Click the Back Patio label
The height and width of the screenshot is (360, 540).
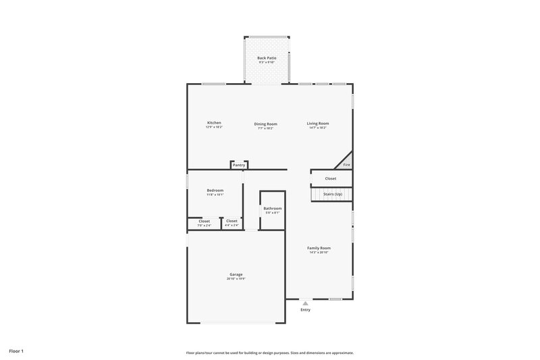267,58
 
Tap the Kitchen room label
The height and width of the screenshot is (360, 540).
214,123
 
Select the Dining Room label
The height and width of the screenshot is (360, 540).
265,124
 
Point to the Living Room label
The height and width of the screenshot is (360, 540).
318,123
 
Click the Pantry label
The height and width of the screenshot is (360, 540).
239,165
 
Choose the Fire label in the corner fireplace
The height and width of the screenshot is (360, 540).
347,165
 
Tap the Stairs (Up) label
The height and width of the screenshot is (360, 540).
333,195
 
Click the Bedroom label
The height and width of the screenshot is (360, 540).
215,190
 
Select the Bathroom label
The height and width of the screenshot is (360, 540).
273,208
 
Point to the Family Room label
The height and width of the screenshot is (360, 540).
319,248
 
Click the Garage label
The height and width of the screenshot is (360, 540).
236,274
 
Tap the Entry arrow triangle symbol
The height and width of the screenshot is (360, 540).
305,303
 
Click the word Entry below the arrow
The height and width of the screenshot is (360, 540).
306,310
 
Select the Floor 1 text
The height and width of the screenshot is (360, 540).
17,351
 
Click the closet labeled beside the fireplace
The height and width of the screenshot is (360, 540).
331,178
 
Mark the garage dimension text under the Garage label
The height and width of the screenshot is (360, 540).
236,279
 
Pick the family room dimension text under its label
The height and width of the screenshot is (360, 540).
319,253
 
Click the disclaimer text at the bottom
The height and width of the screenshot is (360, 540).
269,353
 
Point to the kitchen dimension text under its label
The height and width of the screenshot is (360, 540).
214,128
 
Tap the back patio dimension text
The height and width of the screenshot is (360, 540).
267,63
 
